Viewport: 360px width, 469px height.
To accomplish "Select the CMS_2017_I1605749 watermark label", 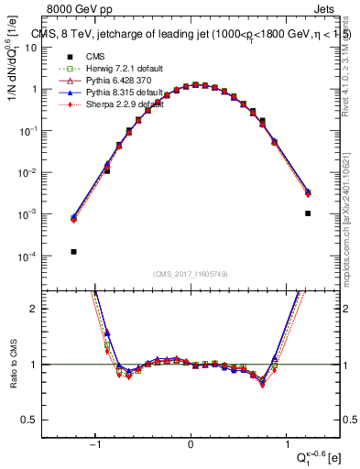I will tap(191, 275).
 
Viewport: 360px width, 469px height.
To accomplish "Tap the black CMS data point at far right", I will tap(308, 213).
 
